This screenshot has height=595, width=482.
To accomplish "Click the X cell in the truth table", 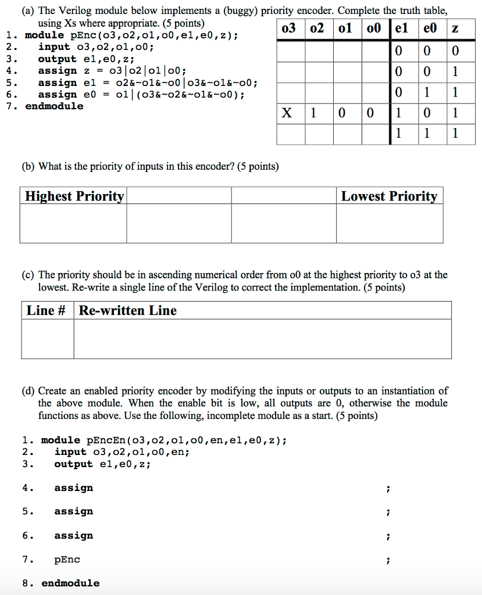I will [287, 113].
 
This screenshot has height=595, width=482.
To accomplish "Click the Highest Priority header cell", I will [73, 196].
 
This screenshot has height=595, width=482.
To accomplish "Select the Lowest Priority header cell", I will [389, 196].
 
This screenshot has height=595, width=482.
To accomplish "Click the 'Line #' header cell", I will [47, 310].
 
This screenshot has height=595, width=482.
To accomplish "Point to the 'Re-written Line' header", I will [128, 310].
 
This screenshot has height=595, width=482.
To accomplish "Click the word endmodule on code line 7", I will [54, 106].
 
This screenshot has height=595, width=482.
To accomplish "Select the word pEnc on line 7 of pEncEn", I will [67, 560].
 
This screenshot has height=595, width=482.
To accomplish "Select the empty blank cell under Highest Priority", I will [73, 223].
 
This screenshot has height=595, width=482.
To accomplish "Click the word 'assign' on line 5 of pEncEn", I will [73, 511].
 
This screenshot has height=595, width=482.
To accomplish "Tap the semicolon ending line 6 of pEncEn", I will [388, 536].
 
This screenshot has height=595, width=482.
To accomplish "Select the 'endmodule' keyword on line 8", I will [70, 583].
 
